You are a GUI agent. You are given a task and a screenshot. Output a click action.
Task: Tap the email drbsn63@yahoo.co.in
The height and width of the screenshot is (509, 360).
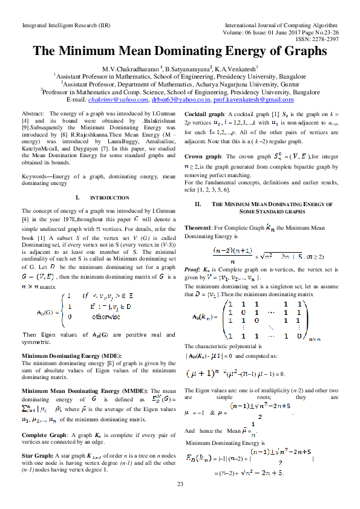180,99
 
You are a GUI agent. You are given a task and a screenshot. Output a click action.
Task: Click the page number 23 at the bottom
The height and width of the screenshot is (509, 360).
180,484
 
